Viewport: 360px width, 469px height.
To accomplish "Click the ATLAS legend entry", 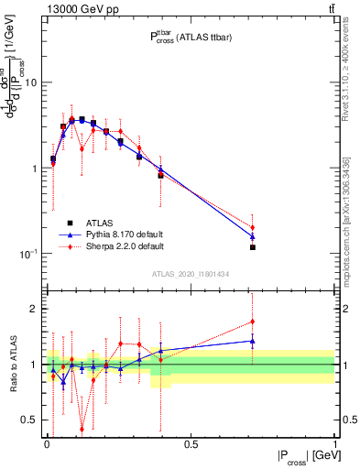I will click(98, 223).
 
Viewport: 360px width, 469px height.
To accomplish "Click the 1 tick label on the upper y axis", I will click(35, 169).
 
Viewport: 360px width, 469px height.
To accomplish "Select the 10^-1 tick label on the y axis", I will click(29, 254).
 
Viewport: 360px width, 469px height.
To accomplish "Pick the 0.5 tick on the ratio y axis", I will click(30, 420).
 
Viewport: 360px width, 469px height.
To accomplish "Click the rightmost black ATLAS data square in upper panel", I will click(252, 247).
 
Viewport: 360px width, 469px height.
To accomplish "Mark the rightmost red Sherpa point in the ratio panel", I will click(252, 322).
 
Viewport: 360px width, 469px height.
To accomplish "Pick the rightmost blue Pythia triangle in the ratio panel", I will click(252, 341).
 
